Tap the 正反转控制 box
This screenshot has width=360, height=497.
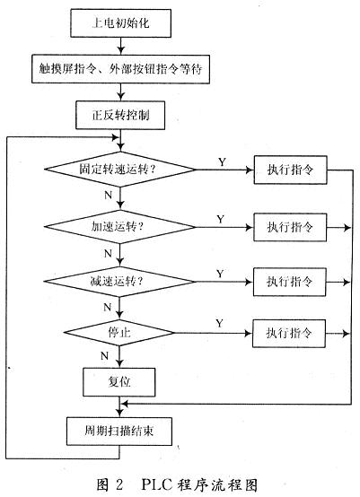pos(119,114)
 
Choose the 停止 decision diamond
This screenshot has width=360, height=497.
pos(119,334)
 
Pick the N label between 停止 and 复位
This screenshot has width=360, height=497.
pos(108,356)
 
